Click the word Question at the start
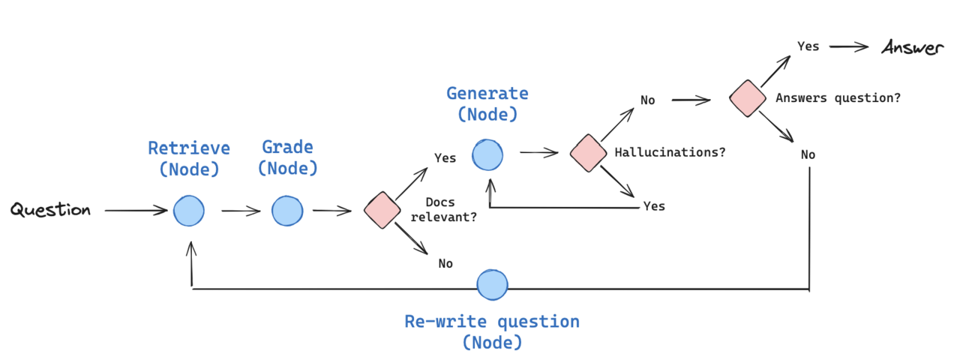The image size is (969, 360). [x=50, y=210]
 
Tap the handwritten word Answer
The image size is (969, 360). [x=912, y=48]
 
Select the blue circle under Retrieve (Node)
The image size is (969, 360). [x=189, y=211]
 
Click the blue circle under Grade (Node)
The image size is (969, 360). [x=287, y=211]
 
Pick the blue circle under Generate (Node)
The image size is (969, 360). [x=487, y=154]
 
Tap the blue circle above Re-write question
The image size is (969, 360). [x=493, y=285]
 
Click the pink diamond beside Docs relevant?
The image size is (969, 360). [x=382, y=211]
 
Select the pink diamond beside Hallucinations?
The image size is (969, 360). [x=587, y=152]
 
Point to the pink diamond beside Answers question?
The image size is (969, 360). [x=748, y=98]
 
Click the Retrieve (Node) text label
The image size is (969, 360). [x=189, y=158]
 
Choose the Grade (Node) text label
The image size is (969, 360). [x=287, y=157]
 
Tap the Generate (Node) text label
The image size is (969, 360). [x=487, y=103]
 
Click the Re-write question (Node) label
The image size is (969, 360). [x=492, y=332]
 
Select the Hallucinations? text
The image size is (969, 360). [x=670, y=152]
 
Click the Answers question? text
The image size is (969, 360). [x=838, y=97]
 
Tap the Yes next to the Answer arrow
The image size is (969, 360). [x=808, y=46]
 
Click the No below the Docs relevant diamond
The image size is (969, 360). [x=445, y=263]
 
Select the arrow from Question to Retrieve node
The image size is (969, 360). [x=136, y=211]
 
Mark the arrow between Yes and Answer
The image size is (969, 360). [x=849, y=46]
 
